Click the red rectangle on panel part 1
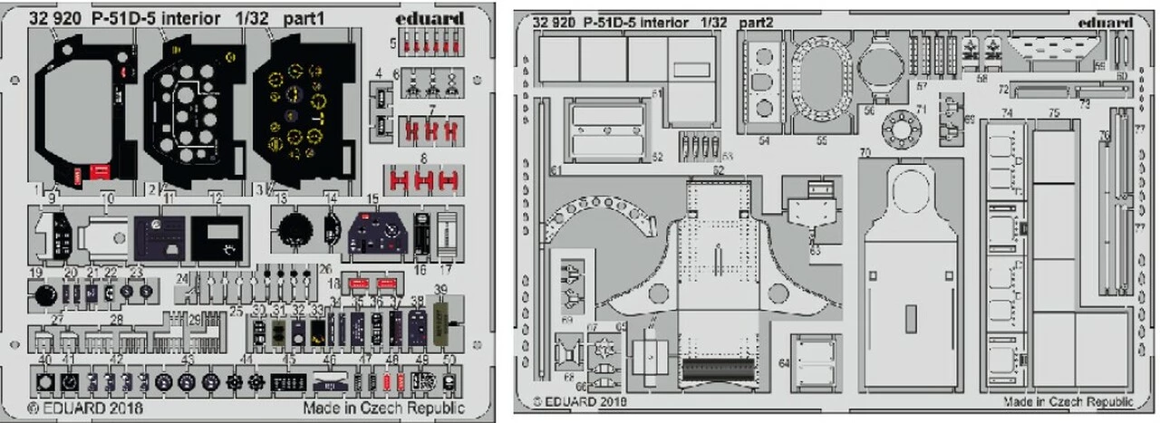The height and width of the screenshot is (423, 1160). pyautogui.click(x=100, y=171)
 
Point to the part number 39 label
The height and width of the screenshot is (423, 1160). pyautogui.click(x=441, y=289)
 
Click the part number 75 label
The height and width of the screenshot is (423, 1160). pyautogui.click(x=1054, y=113)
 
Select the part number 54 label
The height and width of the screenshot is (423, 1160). pyautogui.click(x=763, y=141)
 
